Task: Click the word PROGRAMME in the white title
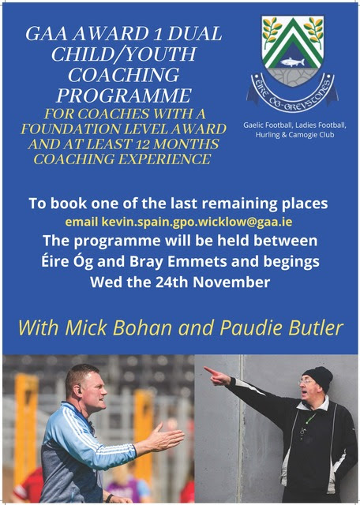point(124,95)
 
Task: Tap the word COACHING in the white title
point(123,75)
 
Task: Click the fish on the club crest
point(292,62)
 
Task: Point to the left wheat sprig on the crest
point(271,30)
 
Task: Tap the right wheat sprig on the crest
point(314,30)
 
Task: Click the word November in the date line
point(231,282)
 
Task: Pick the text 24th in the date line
point(173,282)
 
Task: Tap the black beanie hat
point(318,378)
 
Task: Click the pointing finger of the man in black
point(210,371)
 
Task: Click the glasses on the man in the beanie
point(304,382)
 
